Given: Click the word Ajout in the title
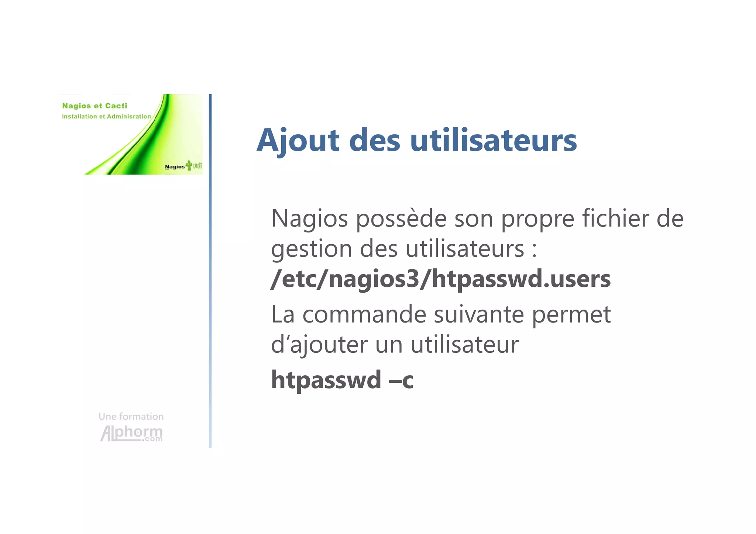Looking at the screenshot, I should [x=298, y=141].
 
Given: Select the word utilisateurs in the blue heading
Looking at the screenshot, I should [x=493, y=141].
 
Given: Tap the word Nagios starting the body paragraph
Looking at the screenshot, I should [x=309, y=218].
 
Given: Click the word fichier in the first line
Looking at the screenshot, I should [x=615, y=218].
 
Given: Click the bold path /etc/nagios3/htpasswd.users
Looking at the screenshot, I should [x=440, y=279].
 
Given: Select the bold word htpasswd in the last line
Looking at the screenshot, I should [x=326, y=380].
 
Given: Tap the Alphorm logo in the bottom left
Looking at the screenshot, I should [x=131, y=433].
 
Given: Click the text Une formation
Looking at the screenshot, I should [x=131, y=417].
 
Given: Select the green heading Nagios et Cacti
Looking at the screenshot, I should [x=94, y=106].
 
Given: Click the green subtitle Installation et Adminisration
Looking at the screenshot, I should [x=106, y=117].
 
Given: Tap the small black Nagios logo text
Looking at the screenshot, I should [x=175, y=167].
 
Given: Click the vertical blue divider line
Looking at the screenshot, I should [x=210, y=271].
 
